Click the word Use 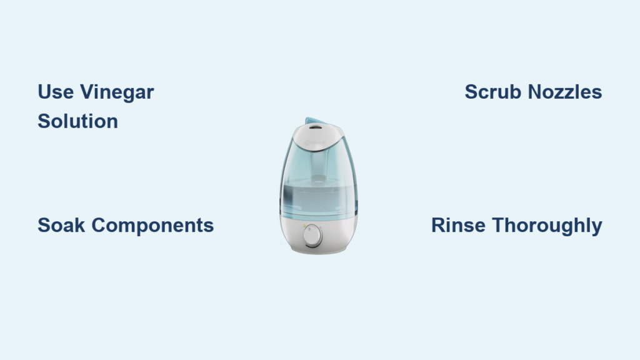pyautogui.click(x=56, y=92)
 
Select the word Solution pyautogui.click(x=78, y=121)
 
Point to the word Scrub pyautogui.click(x=493, y=92)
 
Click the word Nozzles pyautogui.click(x=565, y=92)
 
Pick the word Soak pyautogui.click(x=61, y=225)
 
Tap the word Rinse pyautogui.click(x=458, y=225)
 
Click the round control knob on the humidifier pyautogui.click(x=312, y=236)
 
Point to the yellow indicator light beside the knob pyautogui.click(x=304, y=226)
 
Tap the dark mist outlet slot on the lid pyautogui.click(x=316, y=127)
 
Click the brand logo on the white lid pyautogui.click(x=316, y=143)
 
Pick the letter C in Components pyautogui.click(x=99, y=225)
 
